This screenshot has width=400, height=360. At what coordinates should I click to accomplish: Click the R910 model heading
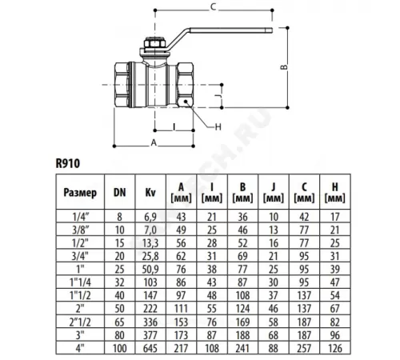coord(68,163)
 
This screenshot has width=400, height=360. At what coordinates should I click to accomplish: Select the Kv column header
coord(150,192)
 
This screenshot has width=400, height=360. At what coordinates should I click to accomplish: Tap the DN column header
coord(120,192)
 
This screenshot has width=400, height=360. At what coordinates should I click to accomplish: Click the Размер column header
coord(80,193)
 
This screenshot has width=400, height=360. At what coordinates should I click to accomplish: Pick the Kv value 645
coord(150,348)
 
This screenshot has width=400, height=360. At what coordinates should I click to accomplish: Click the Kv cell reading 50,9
coord(150,270)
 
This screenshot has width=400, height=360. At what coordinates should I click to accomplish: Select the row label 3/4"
coord(80,256)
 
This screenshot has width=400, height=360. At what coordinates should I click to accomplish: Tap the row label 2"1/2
coord(80,322)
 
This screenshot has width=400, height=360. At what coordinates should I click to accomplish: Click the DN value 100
coord(120,348)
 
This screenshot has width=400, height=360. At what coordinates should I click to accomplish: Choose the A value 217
coord(181,348)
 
